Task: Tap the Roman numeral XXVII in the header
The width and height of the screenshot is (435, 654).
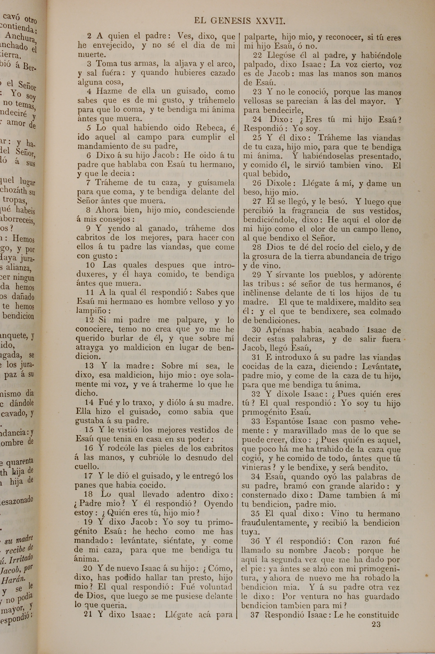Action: [270, 21]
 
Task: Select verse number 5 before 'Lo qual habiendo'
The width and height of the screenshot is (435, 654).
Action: [89, 128]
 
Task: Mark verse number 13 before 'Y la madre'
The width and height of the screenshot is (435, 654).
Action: [89, 366]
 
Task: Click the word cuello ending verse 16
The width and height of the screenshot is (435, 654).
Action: [87, 467]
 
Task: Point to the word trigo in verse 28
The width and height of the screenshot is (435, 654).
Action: [391, 257]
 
